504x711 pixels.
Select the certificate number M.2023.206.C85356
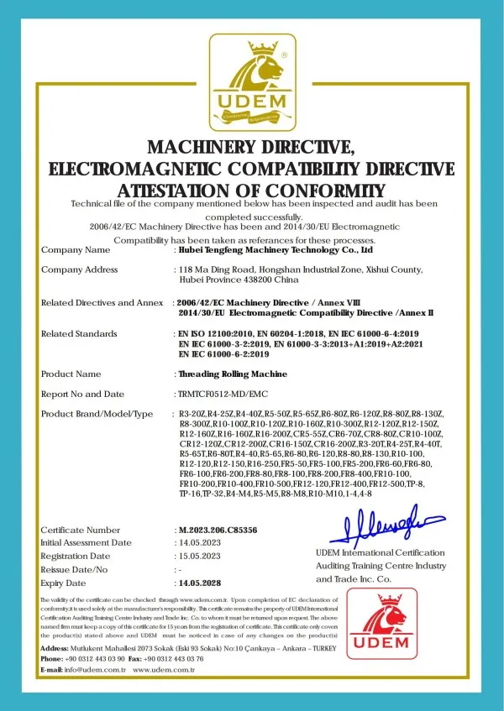point(218,530)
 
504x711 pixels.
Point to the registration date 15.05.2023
point(201,556)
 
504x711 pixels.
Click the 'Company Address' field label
point(80,269)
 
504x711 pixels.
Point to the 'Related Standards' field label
point(79,333)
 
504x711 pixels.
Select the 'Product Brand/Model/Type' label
point(97,414)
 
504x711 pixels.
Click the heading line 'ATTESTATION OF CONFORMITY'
point(251,190)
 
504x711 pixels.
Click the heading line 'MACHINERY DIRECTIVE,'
point(251,148)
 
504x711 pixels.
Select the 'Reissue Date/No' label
point(77,569)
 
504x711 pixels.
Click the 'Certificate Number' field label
point(81,530)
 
